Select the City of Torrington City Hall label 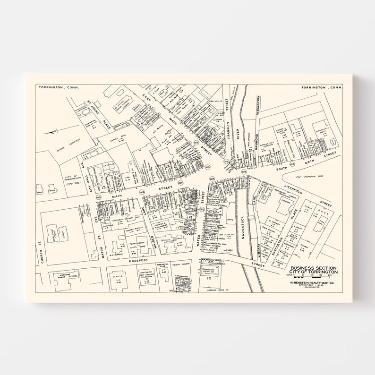click(72, 179)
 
